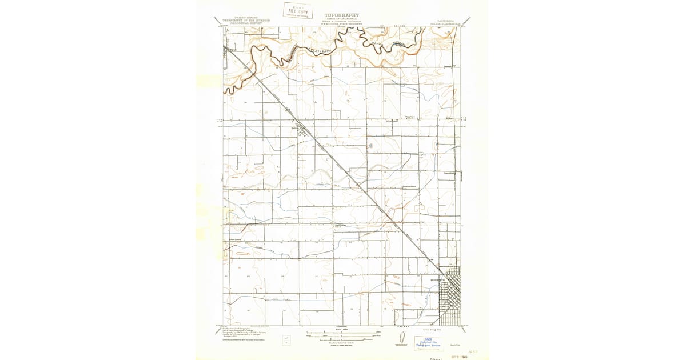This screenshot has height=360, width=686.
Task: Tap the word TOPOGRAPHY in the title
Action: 342,15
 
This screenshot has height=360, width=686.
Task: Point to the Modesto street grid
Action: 450,294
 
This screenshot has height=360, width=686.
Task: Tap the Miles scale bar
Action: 342,332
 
